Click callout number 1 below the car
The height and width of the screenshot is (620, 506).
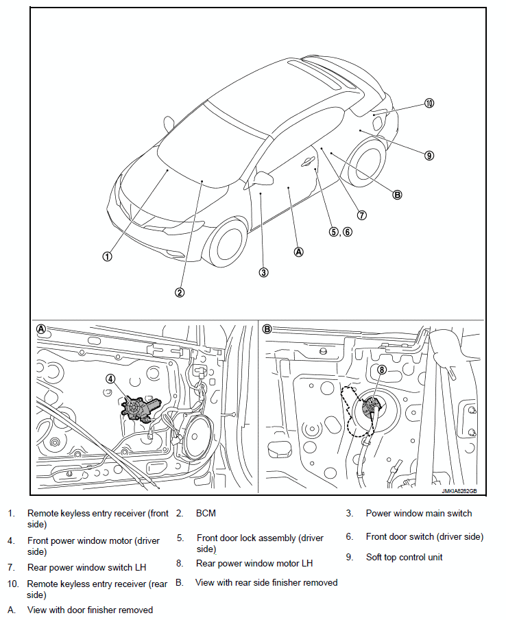tap(107, 257)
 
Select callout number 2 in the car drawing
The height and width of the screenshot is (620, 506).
tap(179, 292)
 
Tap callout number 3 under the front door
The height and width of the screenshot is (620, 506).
tap(263, 272)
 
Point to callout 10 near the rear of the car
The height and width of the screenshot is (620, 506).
tap(429, 104)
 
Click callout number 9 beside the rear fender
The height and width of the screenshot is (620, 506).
tap(429, 155)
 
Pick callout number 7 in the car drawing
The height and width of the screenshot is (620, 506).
tap(362, 215)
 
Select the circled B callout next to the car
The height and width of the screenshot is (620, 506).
tap(397, 194)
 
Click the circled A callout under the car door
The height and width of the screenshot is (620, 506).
tap(298, 251)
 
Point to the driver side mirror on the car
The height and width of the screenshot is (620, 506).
tap(263, 179)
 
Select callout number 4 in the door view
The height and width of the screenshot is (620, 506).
tap(110, 378)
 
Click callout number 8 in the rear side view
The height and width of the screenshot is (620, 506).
tap(382, 370)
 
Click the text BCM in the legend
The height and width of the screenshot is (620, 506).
tap(206, 513)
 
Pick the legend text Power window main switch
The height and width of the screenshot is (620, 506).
tap(418, 513)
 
